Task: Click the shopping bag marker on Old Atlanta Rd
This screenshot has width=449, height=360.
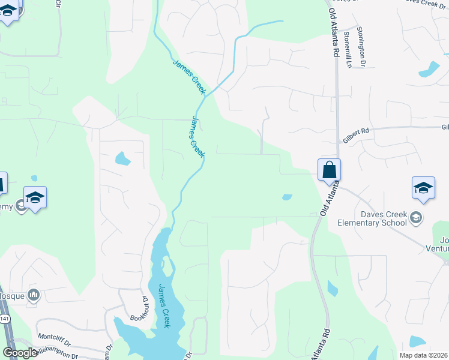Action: (x=330, y=170)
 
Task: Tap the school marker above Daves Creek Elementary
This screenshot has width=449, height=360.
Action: (x=423, y=188)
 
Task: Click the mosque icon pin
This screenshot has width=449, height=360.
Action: (x=34, y=295)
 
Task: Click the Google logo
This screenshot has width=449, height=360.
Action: (x=20, y=353)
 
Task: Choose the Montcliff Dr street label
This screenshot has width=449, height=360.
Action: (x=53, y=337)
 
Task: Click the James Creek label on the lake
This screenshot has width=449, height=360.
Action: (x=162, y=305)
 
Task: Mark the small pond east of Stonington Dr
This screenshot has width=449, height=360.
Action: (x=429, y=68)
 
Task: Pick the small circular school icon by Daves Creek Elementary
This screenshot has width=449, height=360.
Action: (x=418, y=217)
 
